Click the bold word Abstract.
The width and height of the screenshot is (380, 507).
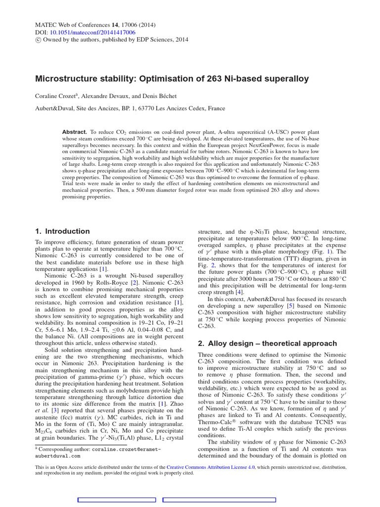tap(74, 133)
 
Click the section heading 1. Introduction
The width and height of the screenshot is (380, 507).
tap(62, 231)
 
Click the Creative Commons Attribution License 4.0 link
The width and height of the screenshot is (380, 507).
tap(210, 467)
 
